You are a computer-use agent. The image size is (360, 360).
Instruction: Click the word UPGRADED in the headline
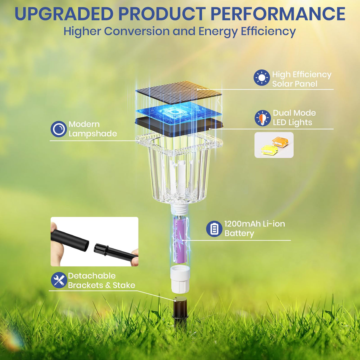tap(64, 14)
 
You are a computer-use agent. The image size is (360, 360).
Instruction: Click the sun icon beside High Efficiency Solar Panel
tap(262, 78)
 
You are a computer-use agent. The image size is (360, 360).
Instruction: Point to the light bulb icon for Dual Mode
tap(262, 118)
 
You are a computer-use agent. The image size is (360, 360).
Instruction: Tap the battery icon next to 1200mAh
tap(214, 229)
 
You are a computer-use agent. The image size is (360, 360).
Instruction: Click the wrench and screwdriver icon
tap(59, 280)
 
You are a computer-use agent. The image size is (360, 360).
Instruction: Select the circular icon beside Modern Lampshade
tap(58, 129)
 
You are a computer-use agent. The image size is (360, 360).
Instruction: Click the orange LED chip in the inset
tap(280, 142)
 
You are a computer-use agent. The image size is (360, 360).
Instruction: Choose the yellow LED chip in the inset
tap(269, 150)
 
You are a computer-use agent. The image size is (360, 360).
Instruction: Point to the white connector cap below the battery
tap(180, 279)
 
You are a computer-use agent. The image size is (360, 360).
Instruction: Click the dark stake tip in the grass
tap(180, 311)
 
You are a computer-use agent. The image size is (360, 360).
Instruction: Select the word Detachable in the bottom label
tap(92, 276)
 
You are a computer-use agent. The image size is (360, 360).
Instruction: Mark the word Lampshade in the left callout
tap(93, 134)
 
